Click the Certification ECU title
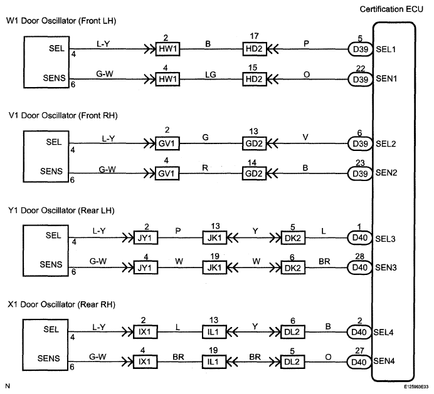coord(391,9)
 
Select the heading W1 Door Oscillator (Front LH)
coord(61,21)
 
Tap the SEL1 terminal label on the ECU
coord(386,49)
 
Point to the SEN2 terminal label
coord(386,173)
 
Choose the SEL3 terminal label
coord(385,239)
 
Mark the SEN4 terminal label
coord(384,361)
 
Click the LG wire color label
coord(210,75)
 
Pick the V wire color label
coord(305,137)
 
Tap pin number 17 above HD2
coord(254,36)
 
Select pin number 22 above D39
coord(360,68)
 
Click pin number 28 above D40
coord(359,256)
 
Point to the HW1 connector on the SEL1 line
coord(167,49)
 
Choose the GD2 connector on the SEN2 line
coord(254,174)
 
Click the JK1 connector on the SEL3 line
coord(214,237)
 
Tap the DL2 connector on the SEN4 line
coord(292,361)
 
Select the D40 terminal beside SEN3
coord(359,267)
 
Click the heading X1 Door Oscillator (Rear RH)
coord(61,304)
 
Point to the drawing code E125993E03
coord(418,387)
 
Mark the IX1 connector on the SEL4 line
coord(145,332)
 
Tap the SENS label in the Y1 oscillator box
coord(51,264)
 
